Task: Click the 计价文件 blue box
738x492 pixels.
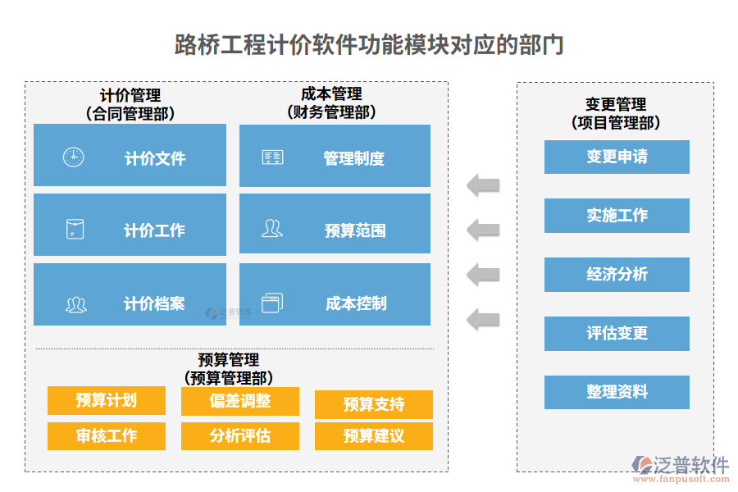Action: [x=130, y=156]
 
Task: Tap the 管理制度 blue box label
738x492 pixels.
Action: [x=353, y=158]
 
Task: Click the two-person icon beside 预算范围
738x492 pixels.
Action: [x=271, y=229]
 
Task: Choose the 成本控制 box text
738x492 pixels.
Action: [x=355, y=303]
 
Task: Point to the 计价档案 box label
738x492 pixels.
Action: [x=154, y=304]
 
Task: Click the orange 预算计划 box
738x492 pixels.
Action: [x=107, y=400]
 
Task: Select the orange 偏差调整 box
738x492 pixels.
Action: [x=240, y=400]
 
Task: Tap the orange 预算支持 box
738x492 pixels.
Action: [x=373, y=404]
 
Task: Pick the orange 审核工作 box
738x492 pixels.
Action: [x=107, y=435]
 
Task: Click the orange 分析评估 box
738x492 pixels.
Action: [x=240, y=435]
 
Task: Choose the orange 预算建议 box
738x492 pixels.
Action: [x=373, y=435]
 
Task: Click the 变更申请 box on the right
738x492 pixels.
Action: [x=617, y=157]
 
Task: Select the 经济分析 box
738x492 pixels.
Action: [x=617, y=275]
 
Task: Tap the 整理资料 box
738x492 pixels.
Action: [x=617, y=392]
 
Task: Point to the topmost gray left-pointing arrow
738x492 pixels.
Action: [x=483, y=184]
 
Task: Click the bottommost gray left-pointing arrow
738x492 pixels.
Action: [x=483, y=318]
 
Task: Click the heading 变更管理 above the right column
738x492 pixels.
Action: [x=616, y=105]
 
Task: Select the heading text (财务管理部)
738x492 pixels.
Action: [x=331, y=112]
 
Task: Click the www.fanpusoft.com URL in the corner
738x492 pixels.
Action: [x=682, y=481]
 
